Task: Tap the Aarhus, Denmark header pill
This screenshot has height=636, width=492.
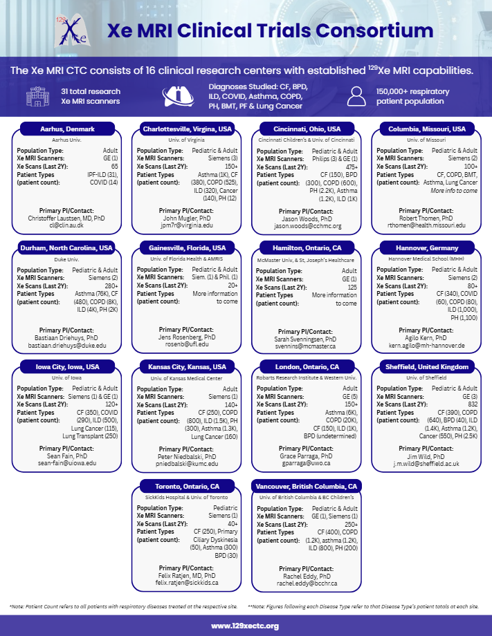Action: [x=67, y=129]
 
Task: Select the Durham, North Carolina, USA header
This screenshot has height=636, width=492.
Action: [x=67, y=247]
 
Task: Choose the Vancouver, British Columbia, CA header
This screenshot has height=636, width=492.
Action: [x=306, y=486]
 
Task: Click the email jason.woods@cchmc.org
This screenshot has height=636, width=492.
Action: [x=307, y=225]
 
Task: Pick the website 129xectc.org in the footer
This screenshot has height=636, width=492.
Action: [x=245, y=626]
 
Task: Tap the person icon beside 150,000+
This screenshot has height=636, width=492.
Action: [x=356, y=96]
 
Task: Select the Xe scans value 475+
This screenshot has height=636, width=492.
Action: [x=351, y=167]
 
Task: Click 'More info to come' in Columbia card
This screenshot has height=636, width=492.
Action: [x=454, y=189]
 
